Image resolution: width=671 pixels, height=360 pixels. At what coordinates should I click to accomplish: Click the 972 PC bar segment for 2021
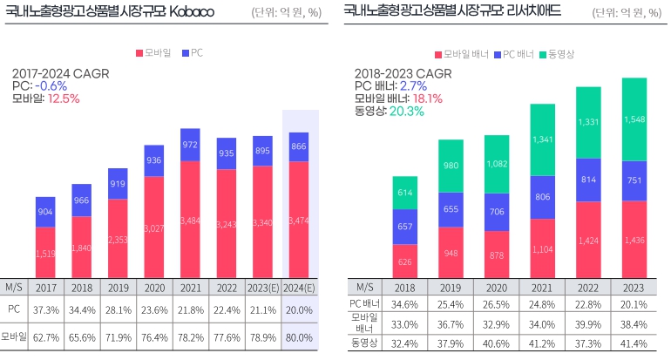[190, 145]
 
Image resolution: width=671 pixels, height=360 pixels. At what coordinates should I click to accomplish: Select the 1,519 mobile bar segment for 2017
[46, 253]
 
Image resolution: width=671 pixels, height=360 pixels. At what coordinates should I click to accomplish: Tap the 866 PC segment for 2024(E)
[298, 147]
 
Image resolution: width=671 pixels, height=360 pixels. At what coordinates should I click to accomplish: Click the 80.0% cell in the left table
[298, 336]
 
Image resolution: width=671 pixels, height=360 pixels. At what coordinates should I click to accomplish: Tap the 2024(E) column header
[298, 286]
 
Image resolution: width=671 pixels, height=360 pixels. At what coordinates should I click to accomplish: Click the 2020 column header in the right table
[497, 286]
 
